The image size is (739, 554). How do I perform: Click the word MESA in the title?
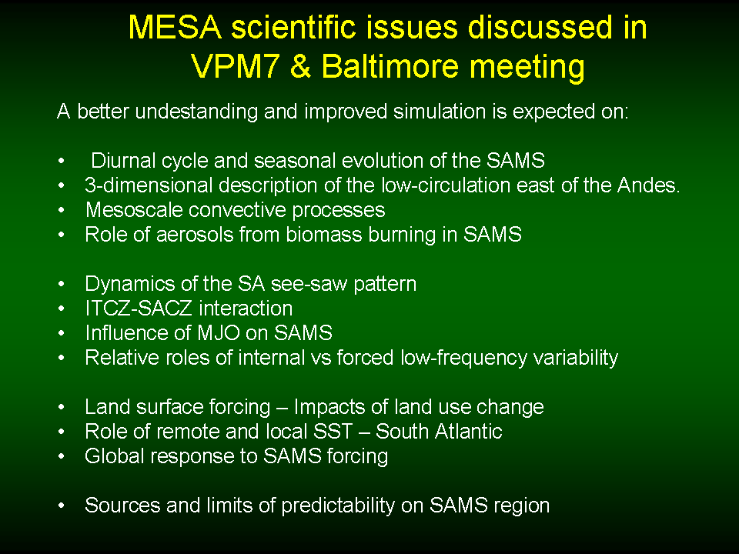[175, 28]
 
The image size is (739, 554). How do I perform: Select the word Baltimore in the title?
[390, 66]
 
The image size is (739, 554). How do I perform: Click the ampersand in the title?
[301, 66]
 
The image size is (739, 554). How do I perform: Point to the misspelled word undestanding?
[196, 112]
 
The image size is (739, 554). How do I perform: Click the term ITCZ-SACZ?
[139, 309]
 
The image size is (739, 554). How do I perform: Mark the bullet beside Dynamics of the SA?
[62, 284]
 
